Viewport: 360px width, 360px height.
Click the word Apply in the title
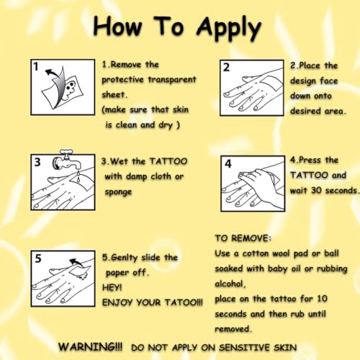(229, 29)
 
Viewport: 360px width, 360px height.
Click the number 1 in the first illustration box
(36, 66)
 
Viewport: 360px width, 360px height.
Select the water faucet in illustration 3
(66, 160)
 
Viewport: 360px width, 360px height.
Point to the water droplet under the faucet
(78, 178)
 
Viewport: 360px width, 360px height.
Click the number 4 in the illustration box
(228, 163)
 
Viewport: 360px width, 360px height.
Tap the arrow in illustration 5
(76, 263)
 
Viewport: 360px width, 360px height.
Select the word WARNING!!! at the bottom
(91, 347)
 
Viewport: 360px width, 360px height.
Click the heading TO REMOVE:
(243, 238)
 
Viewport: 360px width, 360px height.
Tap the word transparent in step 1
(172, 80)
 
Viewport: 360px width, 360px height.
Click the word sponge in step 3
(118, 192)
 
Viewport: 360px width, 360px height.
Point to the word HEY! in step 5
(112, 287)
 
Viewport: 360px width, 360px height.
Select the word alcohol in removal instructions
(229, 284)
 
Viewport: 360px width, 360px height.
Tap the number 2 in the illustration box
(226, 68)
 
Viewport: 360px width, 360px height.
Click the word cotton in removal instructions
(256, 253)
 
